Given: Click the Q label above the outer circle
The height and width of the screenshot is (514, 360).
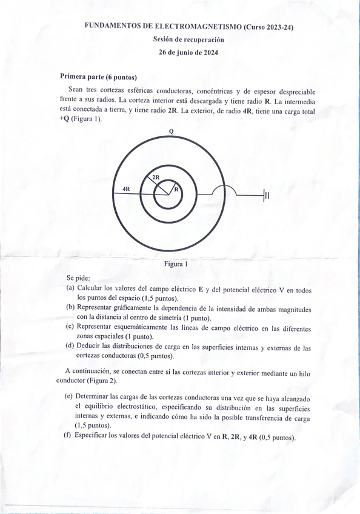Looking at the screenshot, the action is coord(171,132).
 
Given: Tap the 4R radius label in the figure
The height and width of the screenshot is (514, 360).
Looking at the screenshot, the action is coord(126,189).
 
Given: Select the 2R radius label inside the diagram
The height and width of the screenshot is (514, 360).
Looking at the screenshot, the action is coord(156,177).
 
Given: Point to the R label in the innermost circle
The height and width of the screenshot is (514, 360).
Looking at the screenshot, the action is coord(176,189).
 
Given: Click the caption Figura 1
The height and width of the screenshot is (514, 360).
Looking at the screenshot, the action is coord(176,264).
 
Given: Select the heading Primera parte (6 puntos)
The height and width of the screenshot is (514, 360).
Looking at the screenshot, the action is coord(98,77).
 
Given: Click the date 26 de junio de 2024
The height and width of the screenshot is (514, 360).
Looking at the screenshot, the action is coord(188,53).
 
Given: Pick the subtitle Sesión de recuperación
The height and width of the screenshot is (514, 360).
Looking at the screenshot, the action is coord(188,39).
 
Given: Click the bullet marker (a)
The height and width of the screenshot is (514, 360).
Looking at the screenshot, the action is coord(70,289).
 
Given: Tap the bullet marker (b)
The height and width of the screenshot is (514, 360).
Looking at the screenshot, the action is coord(70,308).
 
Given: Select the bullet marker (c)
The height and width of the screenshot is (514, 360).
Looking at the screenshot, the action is coord(70,327).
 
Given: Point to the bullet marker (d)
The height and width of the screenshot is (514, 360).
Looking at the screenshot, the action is coord(70,347).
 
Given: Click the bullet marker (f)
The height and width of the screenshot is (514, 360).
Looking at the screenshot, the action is coord(68,436).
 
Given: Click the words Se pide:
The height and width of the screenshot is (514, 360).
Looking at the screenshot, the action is coord(78,277).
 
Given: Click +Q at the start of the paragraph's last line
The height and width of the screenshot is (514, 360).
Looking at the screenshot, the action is coord(65,119).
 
